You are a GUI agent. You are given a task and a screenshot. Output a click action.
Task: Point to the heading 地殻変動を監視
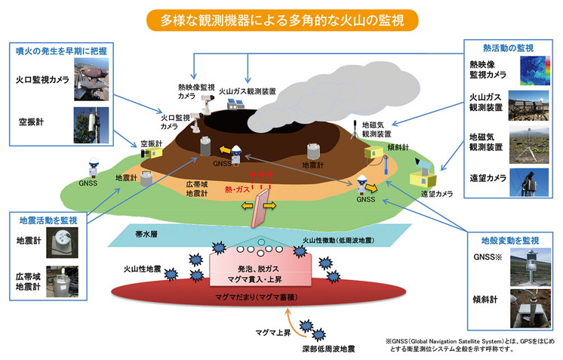click(514, 240)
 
